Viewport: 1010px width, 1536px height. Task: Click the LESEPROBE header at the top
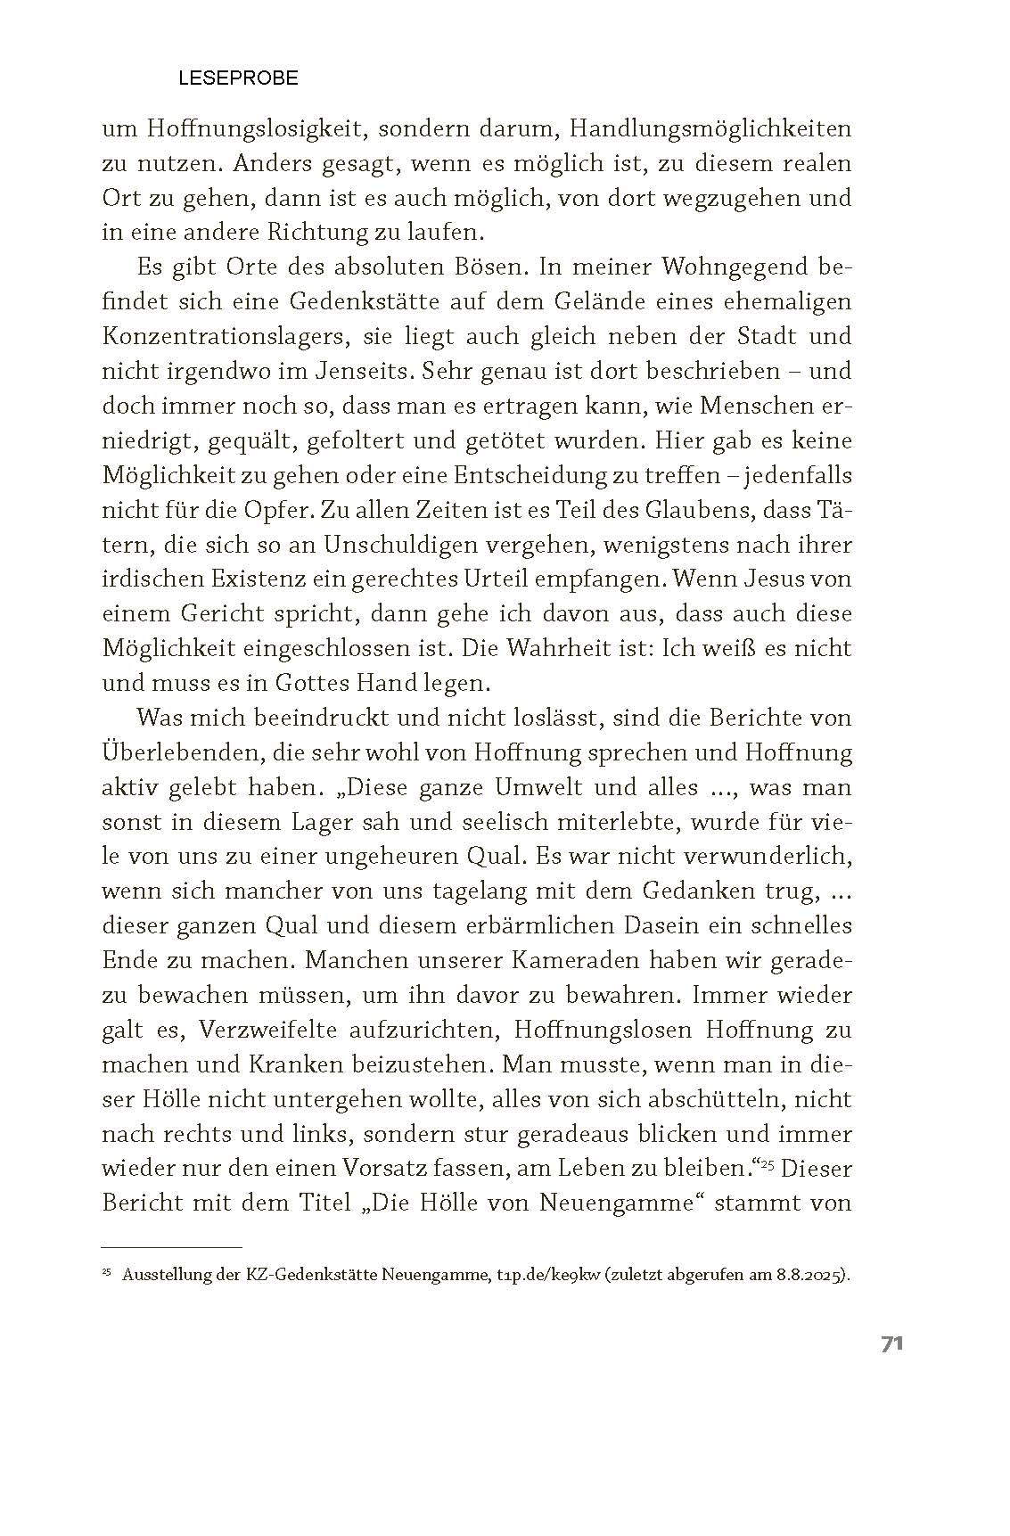[238, 78]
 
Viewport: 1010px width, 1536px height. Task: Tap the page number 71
[892, 1344]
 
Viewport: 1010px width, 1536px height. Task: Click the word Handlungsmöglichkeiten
[710, 129]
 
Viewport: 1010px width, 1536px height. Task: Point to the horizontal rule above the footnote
[172, 1246]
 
